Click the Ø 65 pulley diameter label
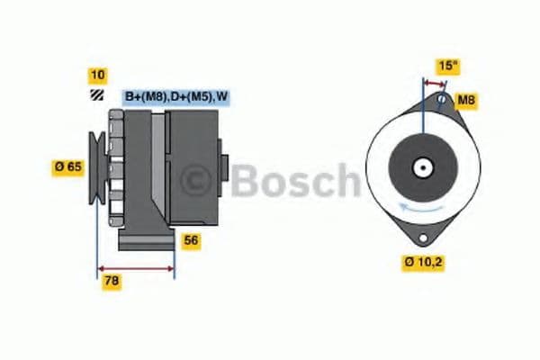(x=67, y=166)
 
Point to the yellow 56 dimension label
(x=191, y=240)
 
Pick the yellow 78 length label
(x=111, y=281)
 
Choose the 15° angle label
(x=446, y=66)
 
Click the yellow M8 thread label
(x=465, y=100)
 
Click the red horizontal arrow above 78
(x=135, y=268)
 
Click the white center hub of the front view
(x=420, y=167)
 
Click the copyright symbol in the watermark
(x=197, y=178)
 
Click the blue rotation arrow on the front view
(x=419, y=207)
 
